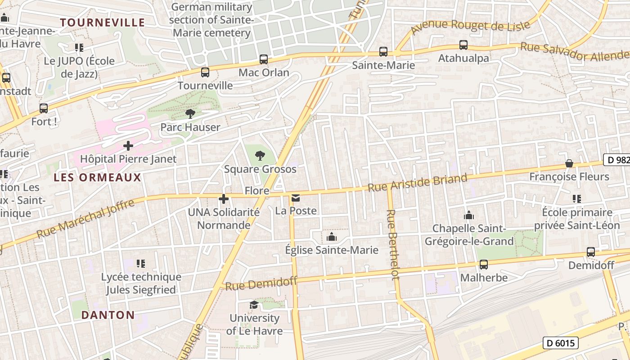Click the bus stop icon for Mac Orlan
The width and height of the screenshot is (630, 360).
(x=264, y=59)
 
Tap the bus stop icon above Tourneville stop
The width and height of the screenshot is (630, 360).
(x=205, y=72)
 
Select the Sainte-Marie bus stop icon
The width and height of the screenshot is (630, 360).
(x=383, y=52)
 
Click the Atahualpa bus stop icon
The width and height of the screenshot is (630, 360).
(x=463, y=45)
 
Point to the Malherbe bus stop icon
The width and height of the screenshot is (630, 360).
(x=484, y=265)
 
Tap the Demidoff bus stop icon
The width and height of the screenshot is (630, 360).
(x=591, y=252)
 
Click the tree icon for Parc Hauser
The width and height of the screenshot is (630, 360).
(x=190, y=114)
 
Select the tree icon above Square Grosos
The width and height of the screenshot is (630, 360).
(x=260, y=156)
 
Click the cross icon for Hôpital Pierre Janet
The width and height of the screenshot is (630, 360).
(x=128, y=146)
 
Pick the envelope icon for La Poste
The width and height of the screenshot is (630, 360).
(x=296, y=198)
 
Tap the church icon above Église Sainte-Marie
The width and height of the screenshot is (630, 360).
(x=332, y=237)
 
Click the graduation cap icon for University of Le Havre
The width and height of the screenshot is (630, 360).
(x=254, y=305)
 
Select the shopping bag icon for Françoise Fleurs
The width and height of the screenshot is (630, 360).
(x=569, y=163)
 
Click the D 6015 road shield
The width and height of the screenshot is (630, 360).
(x=560, y=343)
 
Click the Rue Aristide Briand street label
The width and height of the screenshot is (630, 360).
(x=418, y=183)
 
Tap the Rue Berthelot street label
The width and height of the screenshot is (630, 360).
(x=393, y=244)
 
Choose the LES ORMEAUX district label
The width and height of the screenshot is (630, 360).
(x=97, y=177)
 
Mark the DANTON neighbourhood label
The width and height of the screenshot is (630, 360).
(x=108, y=315)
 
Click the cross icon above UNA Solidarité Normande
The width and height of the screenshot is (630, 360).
(x=224, y=199)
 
